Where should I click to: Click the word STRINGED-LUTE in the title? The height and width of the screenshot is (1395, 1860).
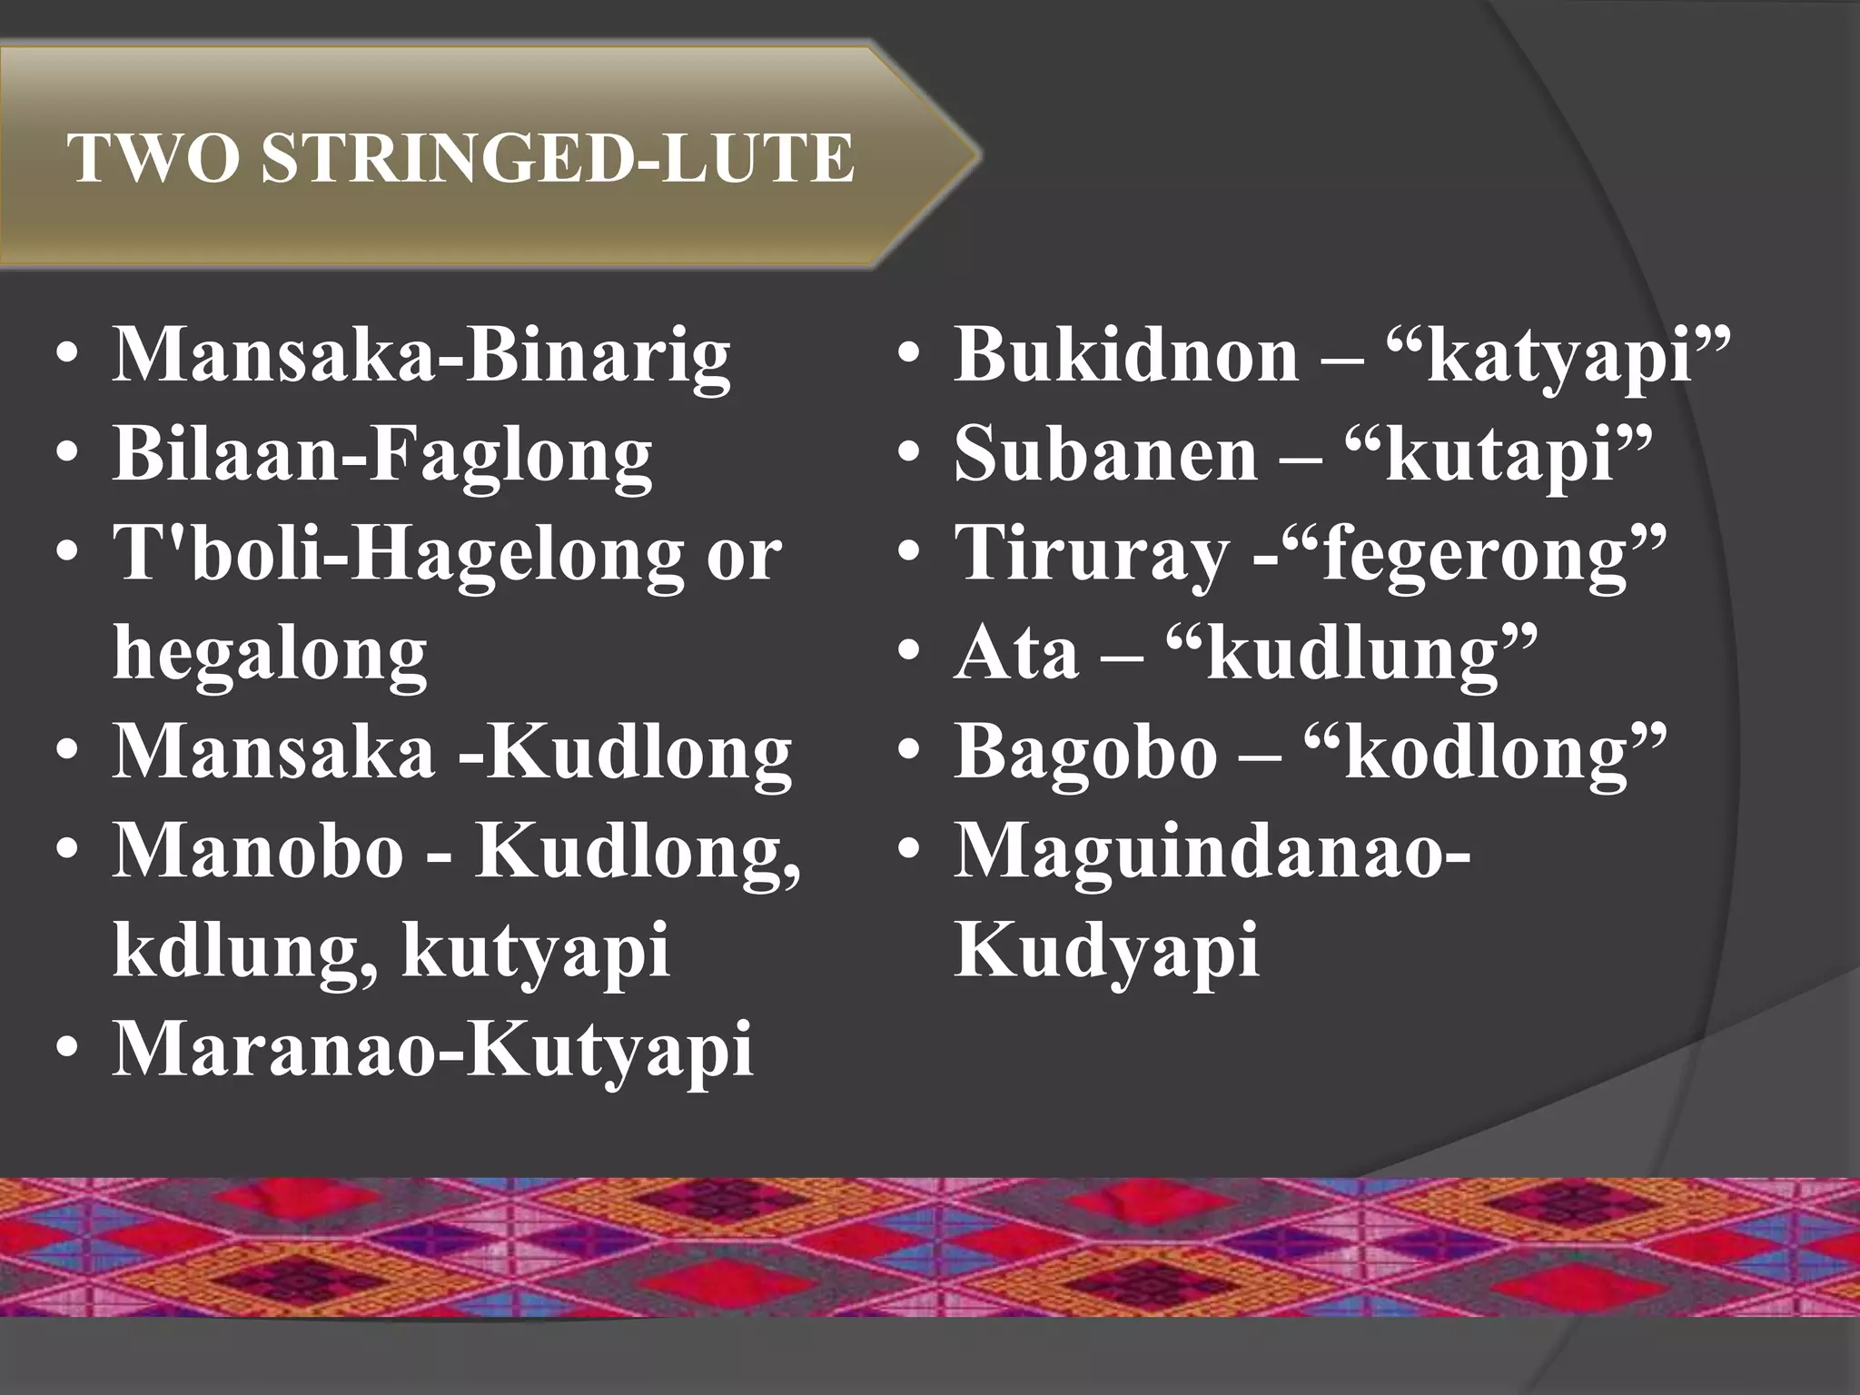[558, 159]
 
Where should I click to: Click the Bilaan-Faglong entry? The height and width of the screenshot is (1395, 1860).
[381, 455]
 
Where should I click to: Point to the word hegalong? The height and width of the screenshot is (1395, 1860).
[270, 654]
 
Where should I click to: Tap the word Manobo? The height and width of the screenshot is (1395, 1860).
[257, 852]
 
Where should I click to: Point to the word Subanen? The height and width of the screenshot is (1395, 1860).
[1105, 455]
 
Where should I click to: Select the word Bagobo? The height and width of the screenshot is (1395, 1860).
[1085, 753]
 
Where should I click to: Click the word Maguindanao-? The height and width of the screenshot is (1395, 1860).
[1212, 852]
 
